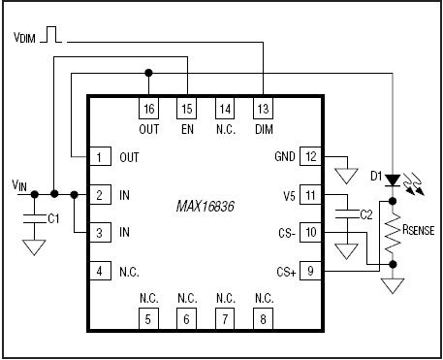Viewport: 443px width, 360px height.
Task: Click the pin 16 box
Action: [x=148, y=108]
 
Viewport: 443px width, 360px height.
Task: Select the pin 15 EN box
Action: [x=186, y=108]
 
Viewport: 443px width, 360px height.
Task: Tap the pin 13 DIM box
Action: [x=263, y=108]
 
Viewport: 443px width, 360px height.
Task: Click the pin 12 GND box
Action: [x=310, y=156]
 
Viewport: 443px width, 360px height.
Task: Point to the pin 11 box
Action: [x=310, y=195]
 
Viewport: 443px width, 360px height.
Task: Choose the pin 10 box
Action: [x=310, y=233]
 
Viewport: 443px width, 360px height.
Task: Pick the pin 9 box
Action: [x=310, y=272]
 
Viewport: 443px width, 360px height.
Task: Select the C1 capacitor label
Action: [x=53, y=220]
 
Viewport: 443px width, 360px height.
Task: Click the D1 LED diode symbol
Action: [x=391, y=180]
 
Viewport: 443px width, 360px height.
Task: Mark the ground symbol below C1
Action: [x=35, y=249]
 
